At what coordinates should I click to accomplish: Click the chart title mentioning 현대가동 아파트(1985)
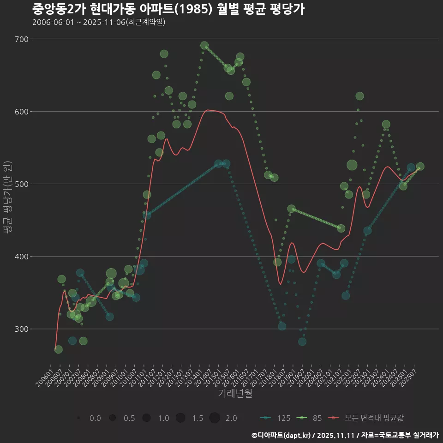(168, 9)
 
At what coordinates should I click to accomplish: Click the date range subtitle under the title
(99, 23)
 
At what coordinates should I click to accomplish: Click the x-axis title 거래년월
(235, 394)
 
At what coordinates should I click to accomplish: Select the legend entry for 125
(275, 418)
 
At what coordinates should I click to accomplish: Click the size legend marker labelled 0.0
(79, 418)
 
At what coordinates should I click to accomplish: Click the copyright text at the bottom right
(345, 435)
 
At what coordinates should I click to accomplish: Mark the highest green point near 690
(204, 46)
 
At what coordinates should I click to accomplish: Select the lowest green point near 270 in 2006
(58, 349)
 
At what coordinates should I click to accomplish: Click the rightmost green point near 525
(420, 167)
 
